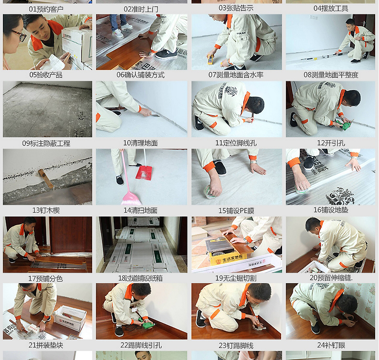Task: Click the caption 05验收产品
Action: (x=46, y=75)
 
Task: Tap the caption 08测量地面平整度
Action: (x=331, y=75)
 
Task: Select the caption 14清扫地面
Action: (x=141, y=210)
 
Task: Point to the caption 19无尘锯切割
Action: (x=236, y=278)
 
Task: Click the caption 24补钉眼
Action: (x=331, y=345)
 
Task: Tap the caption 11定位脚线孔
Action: (x=236, y=143)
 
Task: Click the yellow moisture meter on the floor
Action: (x=211, y=60)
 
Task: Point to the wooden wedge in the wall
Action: (x=46, y=179)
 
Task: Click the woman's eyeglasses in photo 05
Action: (x=19, y=36)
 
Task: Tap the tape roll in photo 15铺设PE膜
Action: (x=209, y=192)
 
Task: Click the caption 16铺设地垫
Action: (x=331, y=210)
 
